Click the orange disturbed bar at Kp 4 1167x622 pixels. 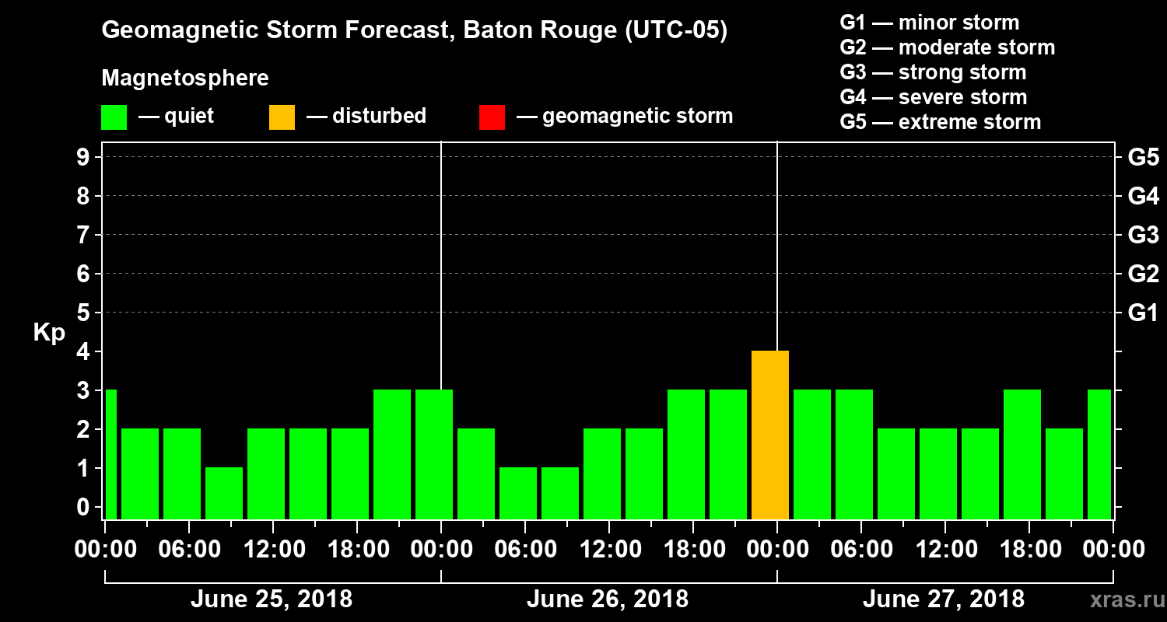(770, 435)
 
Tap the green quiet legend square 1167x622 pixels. (114, 117)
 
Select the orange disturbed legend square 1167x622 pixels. (282, 117)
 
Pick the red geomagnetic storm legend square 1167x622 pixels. (492, 117)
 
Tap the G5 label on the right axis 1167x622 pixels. (1143, 157)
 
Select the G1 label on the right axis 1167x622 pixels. (1143, 313)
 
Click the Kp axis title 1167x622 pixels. (49, 333)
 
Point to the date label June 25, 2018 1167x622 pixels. (271, 599)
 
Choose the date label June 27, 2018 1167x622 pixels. (943, 599)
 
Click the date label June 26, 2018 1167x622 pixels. (607, 599)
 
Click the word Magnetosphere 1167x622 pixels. (185, 79)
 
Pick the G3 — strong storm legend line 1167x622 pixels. (933, 72)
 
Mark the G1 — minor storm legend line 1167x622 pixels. (929, 23)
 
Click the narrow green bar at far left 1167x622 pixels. (110, 454)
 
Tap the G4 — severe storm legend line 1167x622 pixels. (933, 97)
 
